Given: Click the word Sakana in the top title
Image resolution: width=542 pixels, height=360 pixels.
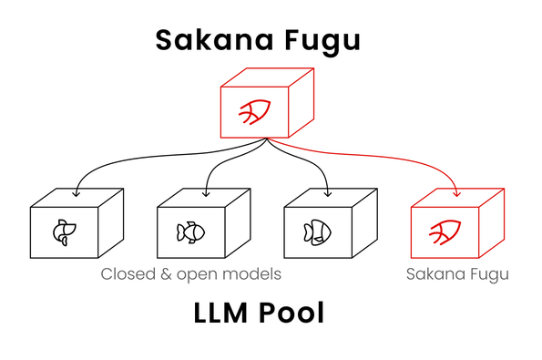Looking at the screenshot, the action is pos(215,40).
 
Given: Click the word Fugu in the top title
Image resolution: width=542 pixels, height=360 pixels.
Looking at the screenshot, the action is pos(322,42).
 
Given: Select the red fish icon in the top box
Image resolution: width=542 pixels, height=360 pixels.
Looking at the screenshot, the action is pos(255,112).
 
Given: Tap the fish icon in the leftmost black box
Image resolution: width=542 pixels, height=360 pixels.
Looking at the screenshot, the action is pos(65,232).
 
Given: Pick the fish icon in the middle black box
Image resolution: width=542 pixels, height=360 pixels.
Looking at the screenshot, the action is pos(190,232).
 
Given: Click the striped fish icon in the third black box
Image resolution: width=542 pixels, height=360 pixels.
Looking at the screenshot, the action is pos(317,232).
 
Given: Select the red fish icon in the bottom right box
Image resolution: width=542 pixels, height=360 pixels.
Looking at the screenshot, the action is pos(445,232).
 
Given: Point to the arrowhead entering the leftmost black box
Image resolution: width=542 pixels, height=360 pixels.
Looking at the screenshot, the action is pos(76,193).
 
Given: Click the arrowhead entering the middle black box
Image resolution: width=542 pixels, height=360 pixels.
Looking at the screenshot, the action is pos(206,193).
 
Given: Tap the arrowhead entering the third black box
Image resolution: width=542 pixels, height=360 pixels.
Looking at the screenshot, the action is pos(328,193).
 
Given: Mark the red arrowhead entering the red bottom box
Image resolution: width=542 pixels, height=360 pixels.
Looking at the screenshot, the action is pos(457,193).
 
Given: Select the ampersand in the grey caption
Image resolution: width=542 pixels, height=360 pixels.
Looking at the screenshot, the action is pos(167,274).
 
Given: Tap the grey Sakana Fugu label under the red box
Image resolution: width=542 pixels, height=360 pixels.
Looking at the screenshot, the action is pos(457,275).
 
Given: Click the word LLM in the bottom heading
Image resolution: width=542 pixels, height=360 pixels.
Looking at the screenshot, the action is pos(220,313).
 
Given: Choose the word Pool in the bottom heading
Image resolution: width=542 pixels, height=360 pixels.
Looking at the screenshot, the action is pos(291,313).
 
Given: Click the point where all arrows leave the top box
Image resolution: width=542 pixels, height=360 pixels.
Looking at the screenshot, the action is pos(267,139).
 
